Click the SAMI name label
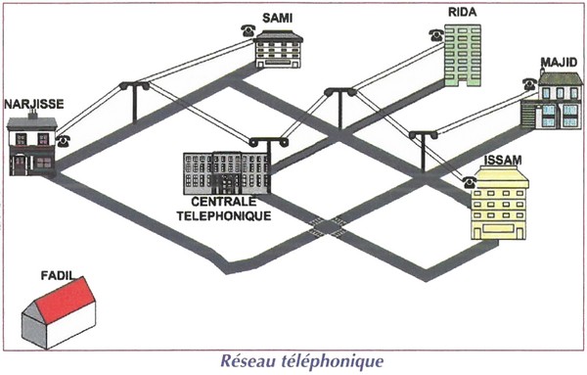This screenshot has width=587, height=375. pos(277,18)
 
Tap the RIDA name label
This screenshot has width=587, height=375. pos(463,12)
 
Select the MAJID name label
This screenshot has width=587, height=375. pos(559,63)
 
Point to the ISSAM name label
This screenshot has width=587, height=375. pos(503,161)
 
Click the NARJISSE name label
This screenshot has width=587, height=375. pos(34,104)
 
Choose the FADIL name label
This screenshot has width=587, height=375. pos(58,276)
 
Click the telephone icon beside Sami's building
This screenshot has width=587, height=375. pos(248,30)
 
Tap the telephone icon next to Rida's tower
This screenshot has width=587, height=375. pos(436,35)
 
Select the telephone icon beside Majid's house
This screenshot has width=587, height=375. pos(529,84)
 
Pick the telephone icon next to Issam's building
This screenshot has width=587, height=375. pos(470,182)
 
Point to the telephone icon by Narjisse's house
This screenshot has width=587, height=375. pos(64,141)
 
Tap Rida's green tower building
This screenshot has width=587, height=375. pos(463,56)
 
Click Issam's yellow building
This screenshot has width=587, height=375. pos(499,205)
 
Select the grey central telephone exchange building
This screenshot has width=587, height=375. pos(227,173)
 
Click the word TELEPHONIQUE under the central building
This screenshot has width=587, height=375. pos(224,216)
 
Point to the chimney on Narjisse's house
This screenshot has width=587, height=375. pos(33,114)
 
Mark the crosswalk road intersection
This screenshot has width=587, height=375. pos(328,227)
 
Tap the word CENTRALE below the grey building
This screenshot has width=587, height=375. pos(224,202)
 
